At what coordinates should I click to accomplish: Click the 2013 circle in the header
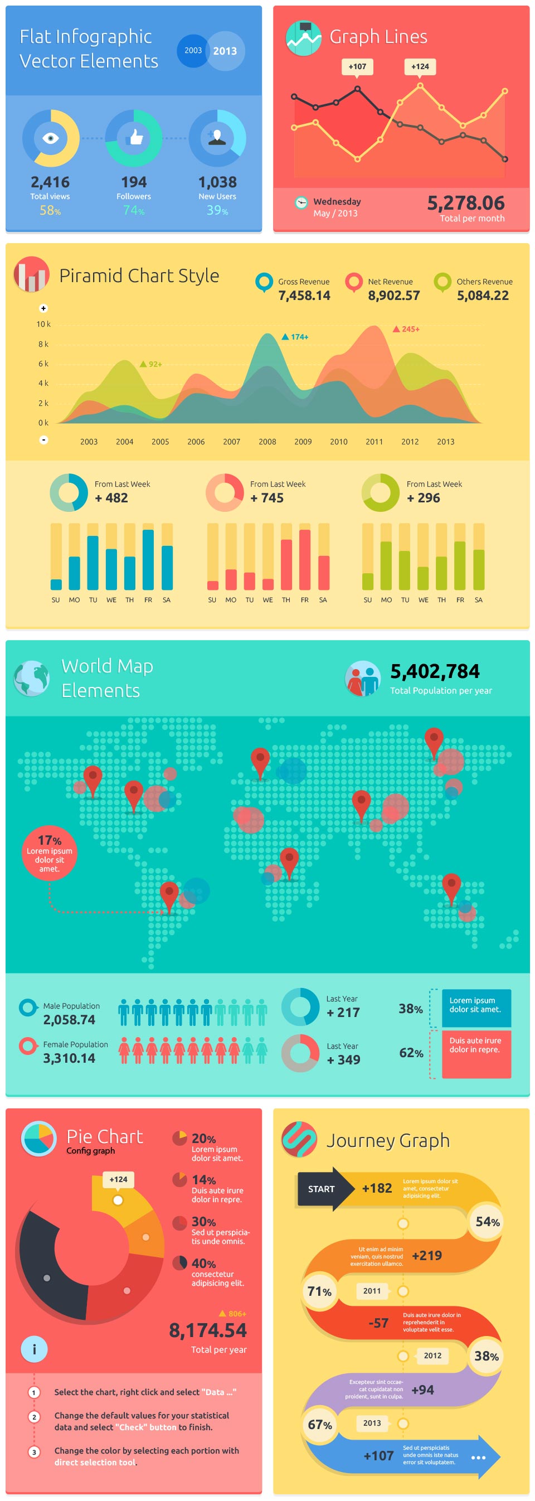(x=225, y=51)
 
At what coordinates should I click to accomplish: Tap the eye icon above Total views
(x=51, y=138)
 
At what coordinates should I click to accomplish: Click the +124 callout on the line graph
(x=420, y=66)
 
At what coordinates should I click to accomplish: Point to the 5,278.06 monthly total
(x=466, y=203)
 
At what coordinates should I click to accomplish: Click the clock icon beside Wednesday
(x=301, y=203)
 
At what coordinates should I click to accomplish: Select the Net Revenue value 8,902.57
(x=393, y=296)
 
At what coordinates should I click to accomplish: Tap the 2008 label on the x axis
(x=267, y=442)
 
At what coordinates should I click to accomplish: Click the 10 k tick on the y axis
(x=43, y=324)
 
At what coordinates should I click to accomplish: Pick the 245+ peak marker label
(x=410, y=329)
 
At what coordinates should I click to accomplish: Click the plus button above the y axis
(x=43, y=308)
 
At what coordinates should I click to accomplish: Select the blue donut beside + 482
(x=69, y=492)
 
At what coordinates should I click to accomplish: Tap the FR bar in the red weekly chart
(x=304, y=559)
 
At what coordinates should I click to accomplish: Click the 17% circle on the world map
(x=50, y=853)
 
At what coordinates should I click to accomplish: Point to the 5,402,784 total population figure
(x=435, y=671)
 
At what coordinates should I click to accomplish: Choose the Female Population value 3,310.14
(x=69, y=1058)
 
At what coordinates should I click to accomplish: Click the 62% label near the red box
(x=411, y=1053)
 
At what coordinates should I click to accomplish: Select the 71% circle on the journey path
(x=319, y=1291)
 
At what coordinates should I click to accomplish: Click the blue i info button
(x=34, y=1349)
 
